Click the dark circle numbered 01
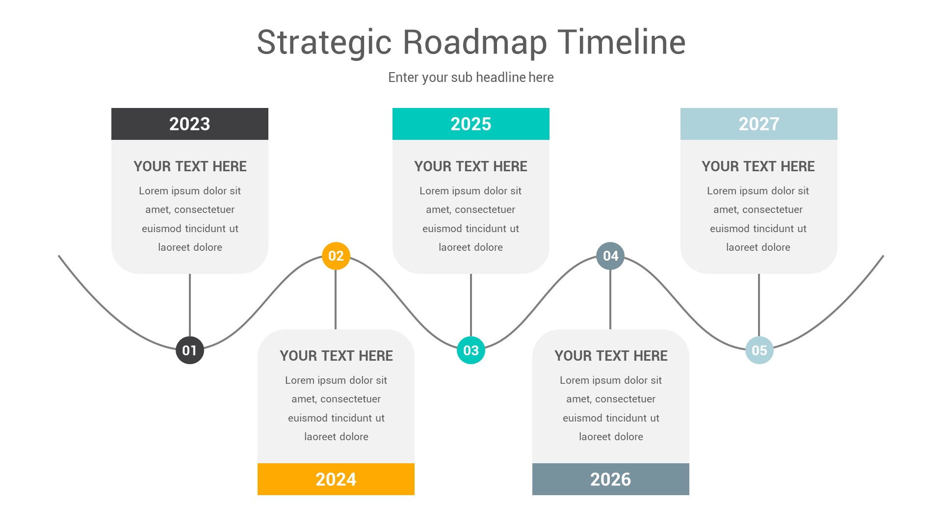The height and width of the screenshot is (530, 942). [190, 350]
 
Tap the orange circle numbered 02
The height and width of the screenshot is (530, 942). [336, 256]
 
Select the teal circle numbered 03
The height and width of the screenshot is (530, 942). [471, 350]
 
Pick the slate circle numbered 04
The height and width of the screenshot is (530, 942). [610, 256]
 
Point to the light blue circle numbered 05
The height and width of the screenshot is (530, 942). [759, 350]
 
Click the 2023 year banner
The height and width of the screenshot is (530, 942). [190, 124]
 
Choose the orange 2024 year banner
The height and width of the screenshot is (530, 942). [336, 479]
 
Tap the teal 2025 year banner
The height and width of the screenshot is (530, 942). [471, 124]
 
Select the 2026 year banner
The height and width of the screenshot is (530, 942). [610, 479]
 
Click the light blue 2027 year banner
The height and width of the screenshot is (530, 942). [759, 124]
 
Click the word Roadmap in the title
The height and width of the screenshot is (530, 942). [474, 42]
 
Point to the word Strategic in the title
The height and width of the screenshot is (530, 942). [324, 42]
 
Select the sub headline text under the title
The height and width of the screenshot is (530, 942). [471, 78]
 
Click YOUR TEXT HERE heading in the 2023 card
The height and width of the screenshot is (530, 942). [190, 166]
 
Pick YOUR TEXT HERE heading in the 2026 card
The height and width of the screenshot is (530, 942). [611, 356]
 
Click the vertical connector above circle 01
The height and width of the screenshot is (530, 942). [190, 304]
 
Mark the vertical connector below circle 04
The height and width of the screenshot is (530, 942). [610, 299]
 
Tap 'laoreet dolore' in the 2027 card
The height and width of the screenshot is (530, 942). [758, 247]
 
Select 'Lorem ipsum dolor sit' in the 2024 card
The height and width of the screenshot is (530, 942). [336, 380]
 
